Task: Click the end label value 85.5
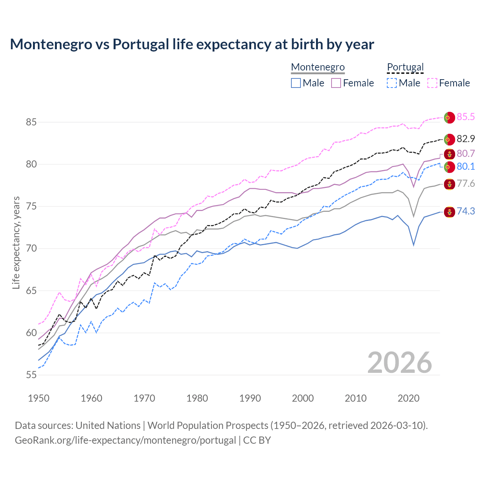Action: (x=465, y=117)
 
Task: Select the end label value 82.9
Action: (x=465, y=139)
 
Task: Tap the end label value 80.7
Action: (x=465, y=153)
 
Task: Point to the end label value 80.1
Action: (x=465, y=166)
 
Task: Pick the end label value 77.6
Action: (x=465, y=184)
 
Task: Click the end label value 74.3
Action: (x=465, y=211)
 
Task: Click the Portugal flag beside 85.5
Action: (x=449, y=117)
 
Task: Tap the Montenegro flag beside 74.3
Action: (x=449, y=212)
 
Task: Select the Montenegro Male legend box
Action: (x=296, y=83)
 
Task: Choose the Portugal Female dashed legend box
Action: (x=432, y=83)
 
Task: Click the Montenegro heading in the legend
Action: (x=318, y=67)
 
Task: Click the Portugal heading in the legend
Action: (x=405, y=67)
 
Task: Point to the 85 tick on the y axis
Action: (x=31, y=122)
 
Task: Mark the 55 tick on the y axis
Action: (x=31, y=375)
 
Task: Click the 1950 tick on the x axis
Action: (x=39, y=398)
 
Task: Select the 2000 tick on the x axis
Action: (x=303, y=398)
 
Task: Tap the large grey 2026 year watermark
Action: (x=399, y=363)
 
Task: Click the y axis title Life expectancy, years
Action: (x=16, y=242)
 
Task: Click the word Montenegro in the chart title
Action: (x=51, y=44)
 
